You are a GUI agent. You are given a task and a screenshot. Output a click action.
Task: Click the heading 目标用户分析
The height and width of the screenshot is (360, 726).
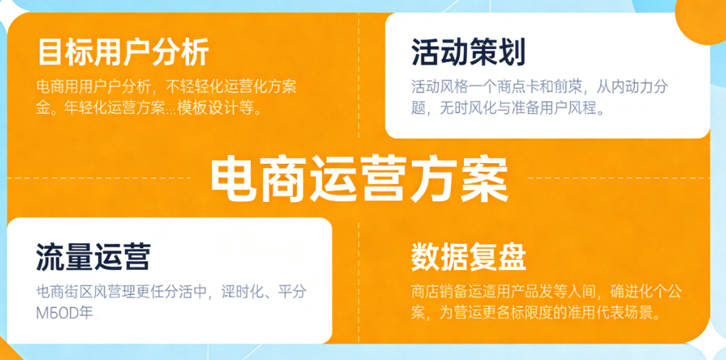tap(123, 52)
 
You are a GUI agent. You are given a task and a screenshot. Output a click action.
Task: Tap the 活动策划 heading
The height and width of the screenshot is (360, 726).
tap(468, 52)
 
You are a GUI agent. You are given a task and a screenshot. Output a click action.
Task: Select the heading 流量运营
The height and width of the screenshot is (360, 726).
tap(93, 256)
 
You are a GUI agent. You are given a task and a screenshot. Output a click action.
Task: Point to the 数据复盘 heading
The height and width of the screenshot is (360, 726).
tap(468, 256)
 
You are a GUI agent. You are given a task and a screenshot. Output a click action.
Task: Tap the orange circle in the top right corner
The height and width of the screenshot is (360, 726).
tap(704, 18)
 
